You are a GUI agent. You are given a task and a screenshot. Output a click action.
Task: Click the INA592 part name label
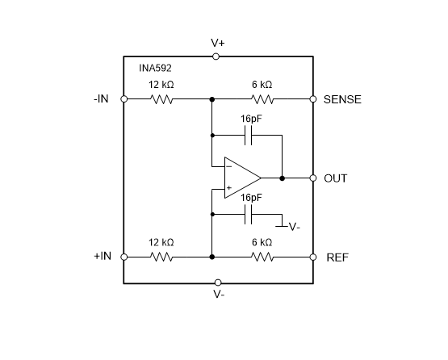pos(153,69)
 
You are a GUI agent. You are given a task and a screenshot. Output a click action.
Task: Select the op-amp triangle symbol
pos(241,177)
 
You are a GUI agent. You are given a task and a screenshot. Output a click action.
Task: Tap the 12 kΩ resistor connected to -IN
pos(162,99)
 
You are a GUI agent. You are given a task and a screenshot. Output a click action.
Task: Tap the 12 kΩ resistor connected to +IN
pos(162,257)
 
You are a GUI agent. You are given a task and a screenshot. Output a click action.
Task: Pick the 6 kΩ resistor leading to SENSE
pos(262,99)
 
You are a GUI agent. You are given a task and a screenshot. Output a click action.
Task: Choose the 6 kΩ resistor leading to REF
pos(262,257)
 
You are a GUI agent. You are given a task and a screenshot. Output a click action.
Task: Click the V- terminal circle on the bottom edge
pos(217,283)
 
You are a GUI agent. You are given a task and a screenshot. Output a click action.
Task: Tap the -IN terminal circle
pos(124,99)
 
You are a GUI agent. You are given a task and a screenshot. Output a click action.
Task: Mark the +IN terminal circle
pos(124,257)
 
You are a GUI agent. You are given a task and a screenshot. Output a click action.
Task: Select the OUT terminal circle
pos(312,177)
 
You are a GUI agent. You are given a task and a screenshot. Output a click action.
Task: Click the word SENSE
pos(342,99)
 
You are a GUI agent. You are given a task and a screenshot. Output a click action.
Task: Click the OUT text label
pos(335,178)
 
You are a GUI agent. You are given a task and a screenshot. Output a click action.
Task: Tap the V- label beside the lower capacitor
pos(294,227)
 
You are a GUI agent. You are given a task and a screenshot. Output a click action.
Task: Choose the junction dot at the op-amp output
pos(282,177)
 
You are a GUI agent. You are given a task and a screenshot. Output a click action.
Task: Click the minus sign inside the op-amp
pos(229,167)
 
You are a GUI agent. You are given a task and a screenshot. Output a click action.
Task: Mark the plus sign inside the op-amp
pos(229,187)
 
